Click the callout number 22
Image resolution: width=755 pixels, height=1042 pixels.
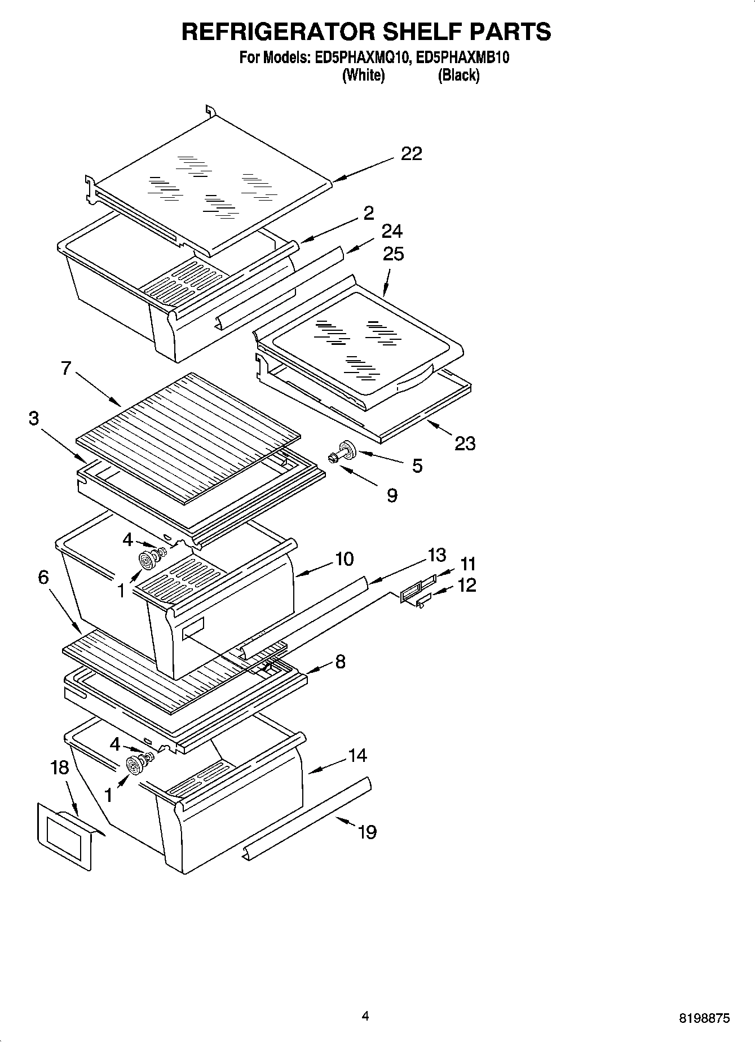click(x=411, y=153)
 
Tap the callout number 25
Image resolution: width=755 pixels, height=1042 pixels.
click(x=393, y=254)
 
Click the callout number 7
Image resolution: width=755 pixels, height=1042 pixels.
click(x=66, y=368)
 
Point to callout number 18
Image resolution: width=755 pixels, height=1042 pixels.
click(x=59, y=767)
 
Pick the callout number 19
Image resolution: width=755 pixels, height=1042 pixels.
click(x=367, y=832)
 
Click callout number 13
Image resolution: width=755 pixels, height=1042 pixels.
click(x=436, y=555)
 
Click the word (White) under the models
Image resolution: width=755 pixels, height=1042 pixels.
click(x=363, y=75)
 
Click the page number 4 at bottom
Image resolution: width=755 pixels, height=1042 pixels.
click(x=365, y=1016)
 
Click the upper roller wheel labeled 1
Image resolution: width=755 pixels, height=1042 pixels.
click(x=147, y=561)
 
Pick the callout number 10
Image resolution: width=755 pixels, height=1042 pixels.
click(x=344, y=559)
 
